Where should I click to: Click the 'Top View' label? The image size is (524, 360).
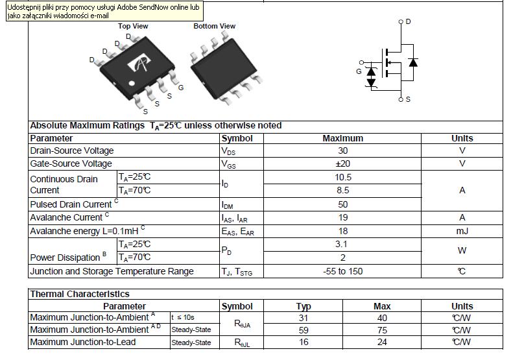tap(133, 26)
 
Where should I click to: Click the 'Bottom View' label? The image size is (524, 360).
tap(214, 26)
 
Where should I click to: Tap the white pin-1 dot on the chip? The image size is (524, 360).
tap(132, 83)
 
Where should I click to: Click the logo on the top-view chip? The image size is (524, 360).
tap(139, 62)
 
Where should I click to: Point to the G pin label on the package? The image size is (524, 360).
tap(181, 88)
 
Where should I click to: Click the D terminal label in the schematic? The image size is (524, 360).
tap(408, 21)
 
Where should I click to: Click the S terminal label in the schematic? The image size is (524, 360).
tap(408, 99)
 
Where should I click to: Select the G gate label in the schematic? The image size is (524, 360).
tap(359, 71)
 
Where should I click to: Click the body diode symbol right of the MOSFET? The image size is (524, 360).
tap(413, 62)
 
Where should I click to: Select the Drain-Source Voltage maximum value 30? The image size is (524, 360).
tap(343, 150)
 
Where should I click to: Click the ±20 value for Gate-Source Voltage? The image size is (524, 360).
tap(343, 164)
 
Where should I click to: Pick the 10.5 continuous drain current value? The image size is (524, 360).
tap(343, 177)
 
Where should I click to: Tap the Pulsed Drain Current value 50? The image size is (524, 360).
tap(343, 204)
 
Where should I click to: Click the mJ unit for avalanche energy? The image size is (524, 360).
tap(462, 231)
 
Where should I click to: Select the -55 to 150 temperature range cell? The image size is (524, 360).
tap(343, 271)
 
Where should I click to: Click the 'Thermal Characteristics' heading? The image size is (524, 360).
tap(80, 294)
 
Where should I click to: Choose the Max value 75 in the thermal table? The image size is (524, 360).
tap(382, 330)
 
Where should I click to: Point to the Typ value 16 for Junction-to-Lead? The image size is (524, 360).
tap(304, 342)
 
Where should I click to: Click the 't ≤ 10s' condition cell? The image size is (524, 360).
tap(182, 317)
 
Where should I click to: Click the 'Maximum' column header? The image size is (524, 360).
tap(343, 138)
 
